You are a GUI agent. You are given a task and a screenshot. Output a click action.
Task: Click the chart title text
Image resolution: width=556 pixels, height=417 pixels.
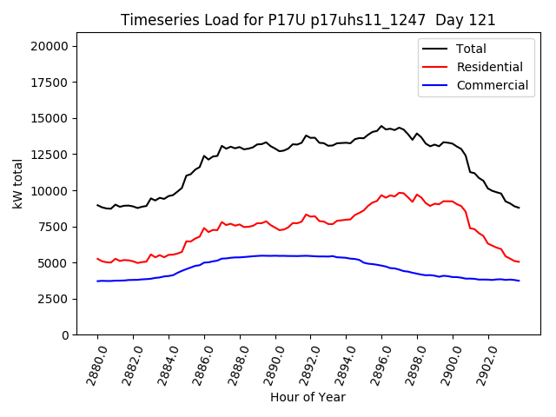308,20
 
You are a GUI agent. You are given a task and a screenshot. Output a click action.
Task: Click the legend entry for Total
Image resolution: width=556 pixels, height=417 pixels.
471,49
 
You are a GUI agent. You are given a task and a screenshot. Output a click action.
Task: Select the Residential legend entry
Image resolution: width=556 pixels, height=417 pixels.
489,67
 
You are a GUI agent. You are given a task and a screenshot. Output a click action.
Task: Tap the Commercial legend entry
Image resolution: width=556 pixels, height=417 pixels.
492,85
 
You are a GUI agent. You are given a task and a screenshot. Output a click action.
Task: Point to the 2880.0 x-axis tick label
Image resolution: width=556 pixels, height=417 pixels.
91,364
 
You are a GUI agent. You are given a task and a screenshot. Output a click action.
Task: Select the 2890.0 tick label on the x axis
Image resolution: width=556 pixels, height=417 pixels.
269,364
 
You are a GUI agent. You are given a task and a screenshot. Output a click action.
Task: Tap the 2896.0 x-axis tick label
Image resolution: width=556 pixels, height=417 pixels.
375,364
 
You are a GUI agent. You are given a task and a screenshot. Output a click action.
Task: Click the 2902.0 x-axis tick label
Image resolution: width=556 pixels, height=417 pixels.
482,364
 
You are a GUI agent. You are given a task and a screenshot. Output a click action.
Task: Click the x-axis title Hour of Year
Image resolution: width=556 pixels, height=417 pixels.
308,397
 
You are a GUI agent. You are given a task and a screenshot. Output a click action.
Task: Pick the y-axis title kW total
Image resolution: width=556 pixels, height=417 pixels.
18,184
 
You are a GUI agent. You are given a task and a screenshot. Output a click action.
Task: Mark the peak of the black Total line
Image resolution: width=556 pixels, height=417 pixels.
381,126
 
